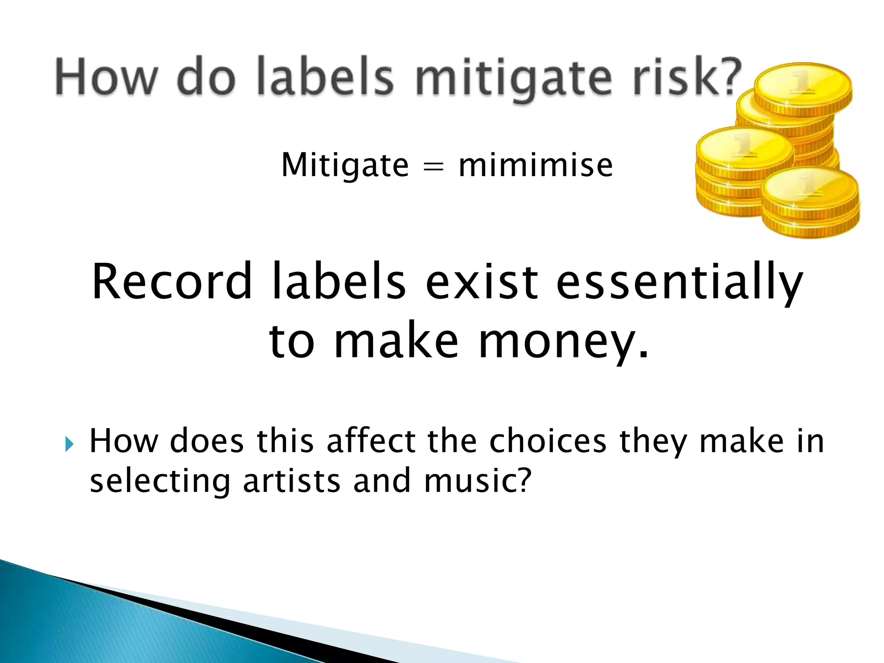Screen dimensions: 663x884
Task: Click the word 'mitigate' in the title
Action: pos(513,78)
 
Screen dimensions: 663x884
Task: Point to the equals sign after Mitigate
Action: pos(433,167)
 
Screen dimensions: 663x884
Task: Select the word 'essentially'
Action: pos(679,283)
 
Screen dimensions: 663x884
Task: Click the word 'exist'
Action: pos(482,282)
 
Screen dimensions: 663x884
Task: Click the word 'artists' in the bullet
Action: pos(292,481)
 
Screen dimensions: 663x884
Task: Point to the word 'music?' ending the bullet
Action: pos(477,481)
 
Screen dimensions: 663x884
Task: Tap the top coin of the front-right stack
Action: pos(810,188)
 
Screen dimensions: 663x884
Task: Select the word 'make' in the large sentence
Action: pos(396,341)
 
